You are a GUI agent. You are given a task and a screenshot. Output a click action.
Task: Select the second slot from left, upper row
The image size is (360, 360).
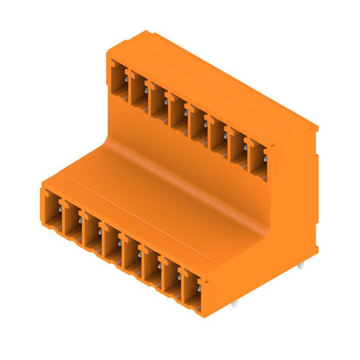pos(139,87)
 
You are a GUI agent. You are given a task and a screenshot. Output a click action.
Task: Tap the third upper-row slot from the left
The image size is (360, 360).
pos(158,97)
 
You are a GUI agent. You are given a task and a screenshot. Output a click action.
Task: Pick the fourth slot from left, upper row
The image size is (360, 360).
pos(177,108)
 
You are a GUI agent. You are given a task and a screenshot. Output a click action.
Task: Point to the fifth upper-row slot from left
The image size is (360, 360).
pos(197,119)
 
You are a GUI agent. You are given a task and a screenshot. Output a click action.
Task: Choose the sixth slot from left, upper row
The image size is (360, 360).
pos(217,130)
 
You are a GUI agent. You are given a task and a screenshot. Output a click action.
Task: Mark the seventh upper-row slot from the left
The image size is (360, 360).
pos(237,142)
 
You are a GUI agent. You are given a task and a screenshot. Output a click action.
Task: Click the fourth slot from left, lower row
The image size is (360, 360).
pos(112,245)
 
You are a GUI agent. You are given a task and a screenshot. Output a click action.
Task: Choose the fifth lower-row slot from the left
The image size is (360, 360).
pos(132,257)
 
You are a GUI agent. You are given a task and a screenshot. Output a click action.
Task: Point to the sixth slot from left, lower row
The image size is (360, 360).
pos(152,269)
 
